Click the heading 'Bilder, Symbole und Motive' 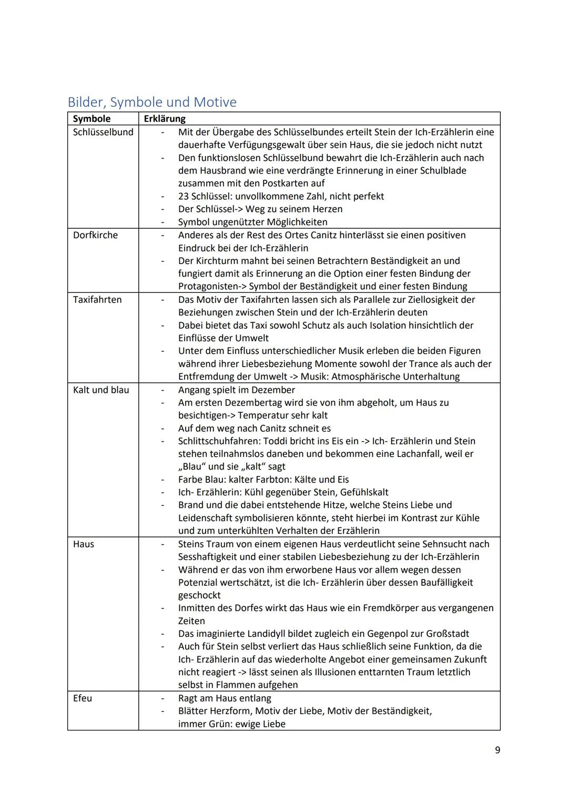(x=152, y=102)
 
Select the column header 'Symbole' (x=92, y=119)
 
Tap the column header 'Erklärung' (x=165, y=119)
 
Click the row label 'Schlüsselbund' (x=103, y=132)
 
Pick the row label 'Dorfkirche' (x=96, y=235)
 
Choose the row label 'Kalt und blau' (x=101, y=390)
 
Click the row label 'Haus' (x=84, y=544)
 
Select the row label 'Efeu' (x=83, y=698)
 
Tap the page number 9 (x=498, y=750)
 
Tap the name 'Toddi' (x=275, y=441)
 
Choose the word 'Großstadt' (x=445, y=634)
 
